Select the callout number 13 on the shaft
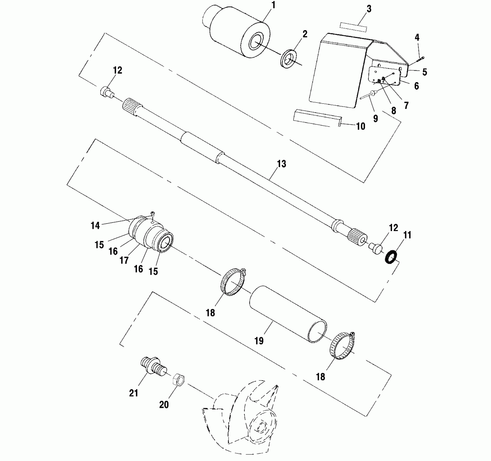[x=281, y=164]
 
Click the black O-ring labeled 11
[x=391, y=257]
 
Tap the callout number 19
[x=259, y=341]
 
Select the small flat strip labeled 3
[x=353, y=27]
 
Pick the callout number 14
[x=95, y=225]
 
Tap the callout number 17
[x=124, y=260]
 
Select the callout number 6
[x=416, y=86]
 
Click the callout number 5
[x=424, y=72]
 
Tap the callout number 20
[x=164, y=405]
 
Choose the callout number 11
[x=407, y=235]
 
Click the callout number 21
[x=134, y=393]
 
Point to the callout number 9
[x=376, y=119]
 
